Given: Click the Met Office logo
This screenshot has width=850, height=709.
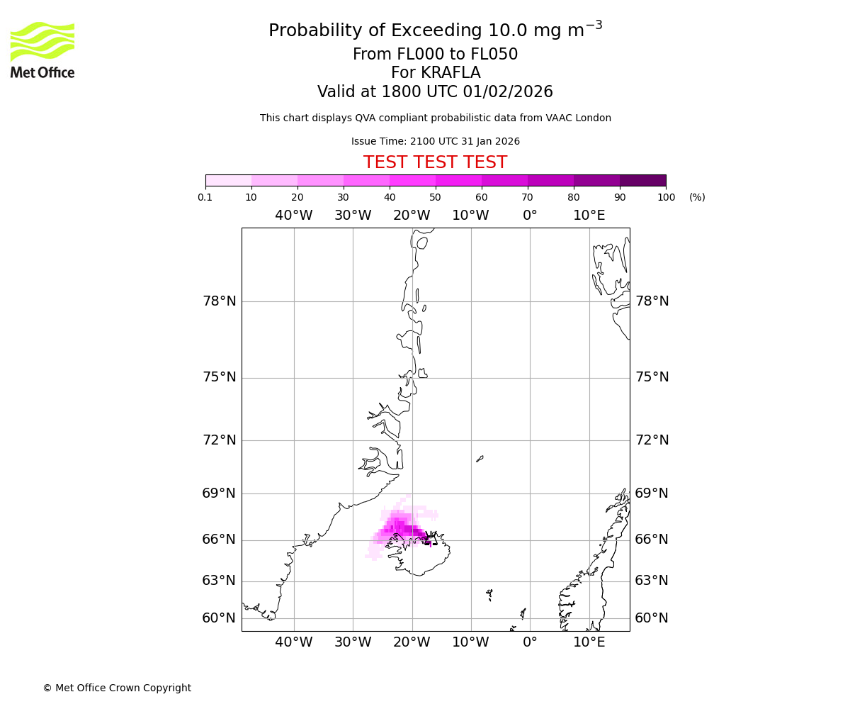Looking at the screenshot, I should click(x=42, y=50).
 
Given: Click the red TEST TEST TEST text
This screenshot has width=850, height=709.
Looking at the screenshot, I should click(x=435, y=162).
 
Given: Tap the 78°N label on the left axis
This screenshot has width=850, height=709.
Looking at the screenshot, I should click(x=219, y=301).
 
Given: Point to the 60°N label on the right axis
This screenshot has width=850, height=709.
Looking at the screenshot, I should click(x=652, y=618).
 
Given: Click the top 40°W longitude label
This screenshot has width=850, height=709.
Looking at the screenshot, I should click(x=293, y=216).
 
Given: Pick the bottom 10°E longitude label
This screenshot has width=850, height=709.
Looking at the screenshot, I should click(x=589, y=642).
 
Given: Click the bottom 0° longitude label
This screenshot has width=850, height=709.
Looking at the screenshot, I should click(x=530, y=642).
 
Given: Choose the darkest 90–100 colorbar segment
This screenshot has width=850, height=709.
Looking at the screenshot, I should click(x=642, y=180).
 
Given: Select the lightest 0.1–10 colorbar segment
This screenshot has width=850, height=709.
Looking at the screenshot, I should click(x=229, y=180).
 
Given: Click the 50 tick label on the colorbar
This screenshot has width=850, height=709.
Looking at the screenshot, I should click(x=435, y=197).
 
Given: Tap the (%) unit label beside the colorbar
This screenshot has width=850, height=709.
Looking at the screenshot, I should click(x=697, y=197).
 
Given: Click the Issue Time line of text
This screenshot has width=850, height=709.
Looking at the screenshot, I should click(x=435, y=142).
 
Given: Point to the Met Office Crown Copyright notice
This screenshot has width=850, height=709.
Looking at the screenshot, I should click(x=117, y=688).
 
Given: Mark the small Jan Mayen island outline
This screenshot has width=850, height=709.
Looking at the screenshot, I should click(x=480, y=459).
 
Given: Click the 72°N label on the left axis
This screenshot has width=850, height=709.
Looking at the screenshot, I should click(x=219, y=440).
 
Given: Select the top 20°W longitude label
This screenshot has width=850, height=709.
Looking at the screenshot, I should click(x=412, y=216).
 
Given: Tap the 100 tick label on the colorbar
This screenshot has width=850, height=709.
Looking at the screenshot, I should click(x=666, y=197).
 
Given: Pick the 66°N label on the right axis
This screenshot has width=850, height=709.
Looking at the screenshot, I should click(x=652, y=540).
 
